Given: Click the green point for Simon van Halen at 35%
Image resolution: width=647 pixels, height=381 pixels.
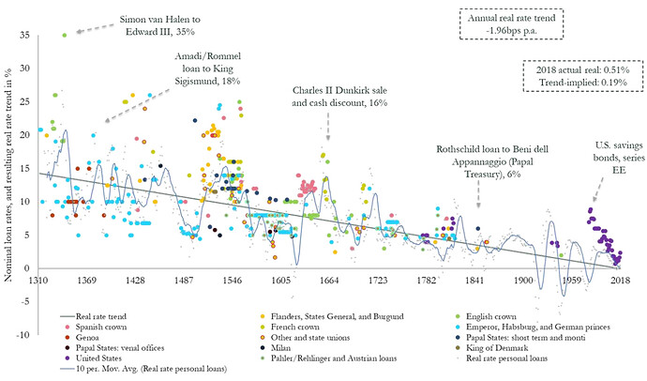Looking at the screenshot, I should pyautogui.click(x=65, y=35).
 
